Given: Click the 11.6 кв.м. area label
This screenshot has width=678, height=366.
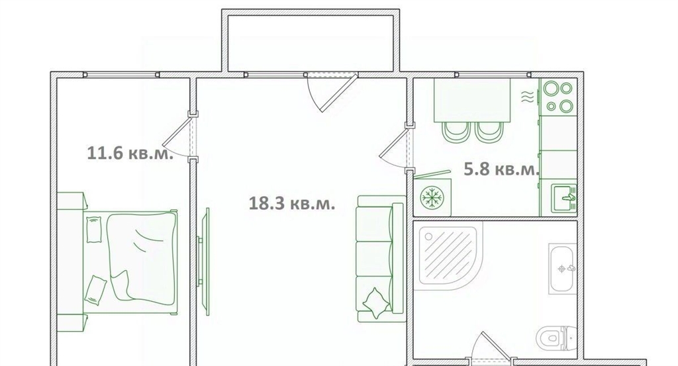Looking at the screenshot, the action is [x=130, y=153].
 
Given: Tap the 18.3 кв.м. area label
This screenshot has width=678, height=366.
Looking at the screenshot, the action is [x=292, y=203].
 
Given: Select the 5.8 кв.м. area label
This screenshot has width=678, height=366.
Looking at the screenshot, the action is [x=501, y=169].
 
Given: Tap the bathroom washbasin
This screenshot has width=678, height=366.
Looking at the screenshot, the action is [x=563, y=269].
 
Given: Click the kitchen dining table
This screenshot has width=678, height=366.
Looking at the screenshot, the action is [x=472, y=100].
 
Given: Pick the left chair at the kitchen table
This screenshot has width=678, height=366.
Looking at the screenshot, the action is [x=455, y=132].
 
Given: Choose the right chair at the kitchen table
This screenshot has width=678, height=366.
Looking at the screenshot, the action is [x=489, y=132].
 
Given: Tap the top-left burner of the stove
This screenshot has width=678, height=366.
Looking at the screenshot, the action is [x=551, y=89].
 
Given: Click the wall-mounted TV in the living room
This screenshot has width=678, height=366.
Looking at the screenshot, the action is [x=206, y=261].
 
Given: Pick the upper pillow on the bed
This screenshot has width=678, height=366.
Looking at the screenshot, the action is [x=93, y=230].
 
